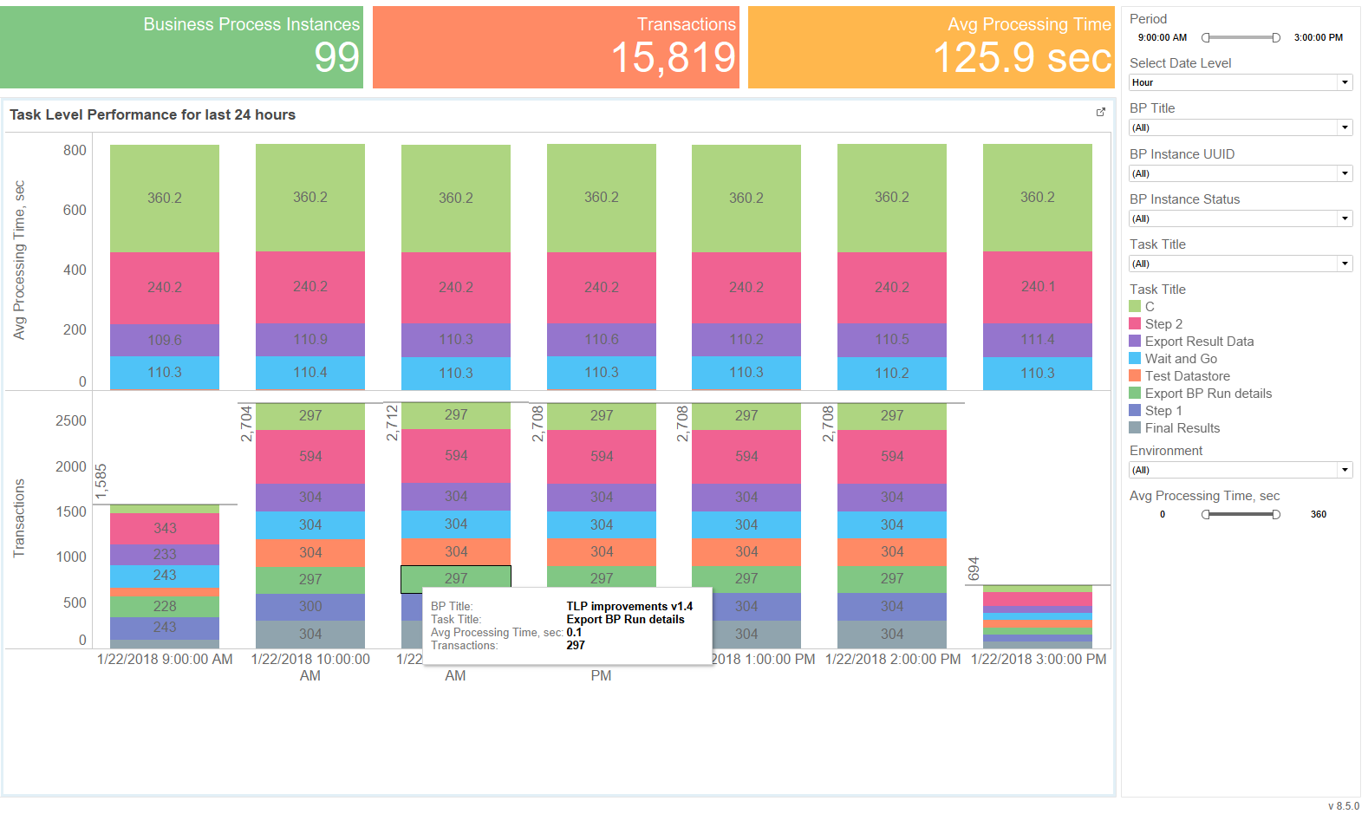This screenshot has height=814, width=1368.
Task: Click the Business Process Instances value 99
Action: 336,58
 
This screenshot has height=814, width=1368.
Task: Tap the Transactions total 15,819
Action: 673,58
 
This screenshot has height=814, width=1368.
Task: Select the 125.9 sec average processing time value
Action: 1022,58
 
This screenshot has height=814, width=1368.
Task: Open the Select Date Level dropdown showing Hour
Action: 1240,82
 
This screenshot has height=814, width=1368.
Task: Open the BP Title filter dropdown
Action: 1240,127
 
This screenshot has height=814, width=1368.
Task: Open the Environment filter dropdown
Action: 1240,470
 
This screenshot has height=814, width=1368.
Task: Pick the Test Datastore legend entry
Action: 1179,376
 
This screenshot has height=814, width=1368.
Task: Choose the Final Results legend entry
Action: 1175,428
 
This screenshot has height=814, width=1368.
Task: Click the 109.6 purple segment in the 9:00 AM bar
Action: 165,340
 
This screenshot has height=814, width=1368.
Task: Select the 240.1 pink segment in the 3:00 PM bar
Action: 1037,287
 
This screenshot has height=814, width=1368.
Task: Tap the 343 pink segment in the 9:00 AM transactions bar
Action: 165,529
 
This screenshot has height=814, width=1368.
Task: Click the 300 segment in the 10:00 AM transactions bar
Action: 309,607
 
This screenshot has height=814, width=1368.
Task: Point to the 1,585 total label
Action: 101,481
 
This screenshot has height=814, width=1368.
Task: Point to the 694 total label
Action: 974,569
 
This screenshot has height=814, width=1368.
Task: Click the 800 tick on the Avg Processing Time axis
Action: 75,150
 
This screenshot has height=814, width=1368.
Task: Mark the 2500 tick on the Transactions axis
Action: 71,420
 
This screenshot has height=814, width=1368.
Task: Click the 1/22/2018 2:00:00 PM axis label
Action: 892,660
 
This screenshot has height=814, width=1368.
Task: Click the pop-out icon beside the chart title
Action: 1100,113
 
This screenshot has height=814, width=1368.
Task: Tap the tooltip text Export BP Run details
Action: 625,619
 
